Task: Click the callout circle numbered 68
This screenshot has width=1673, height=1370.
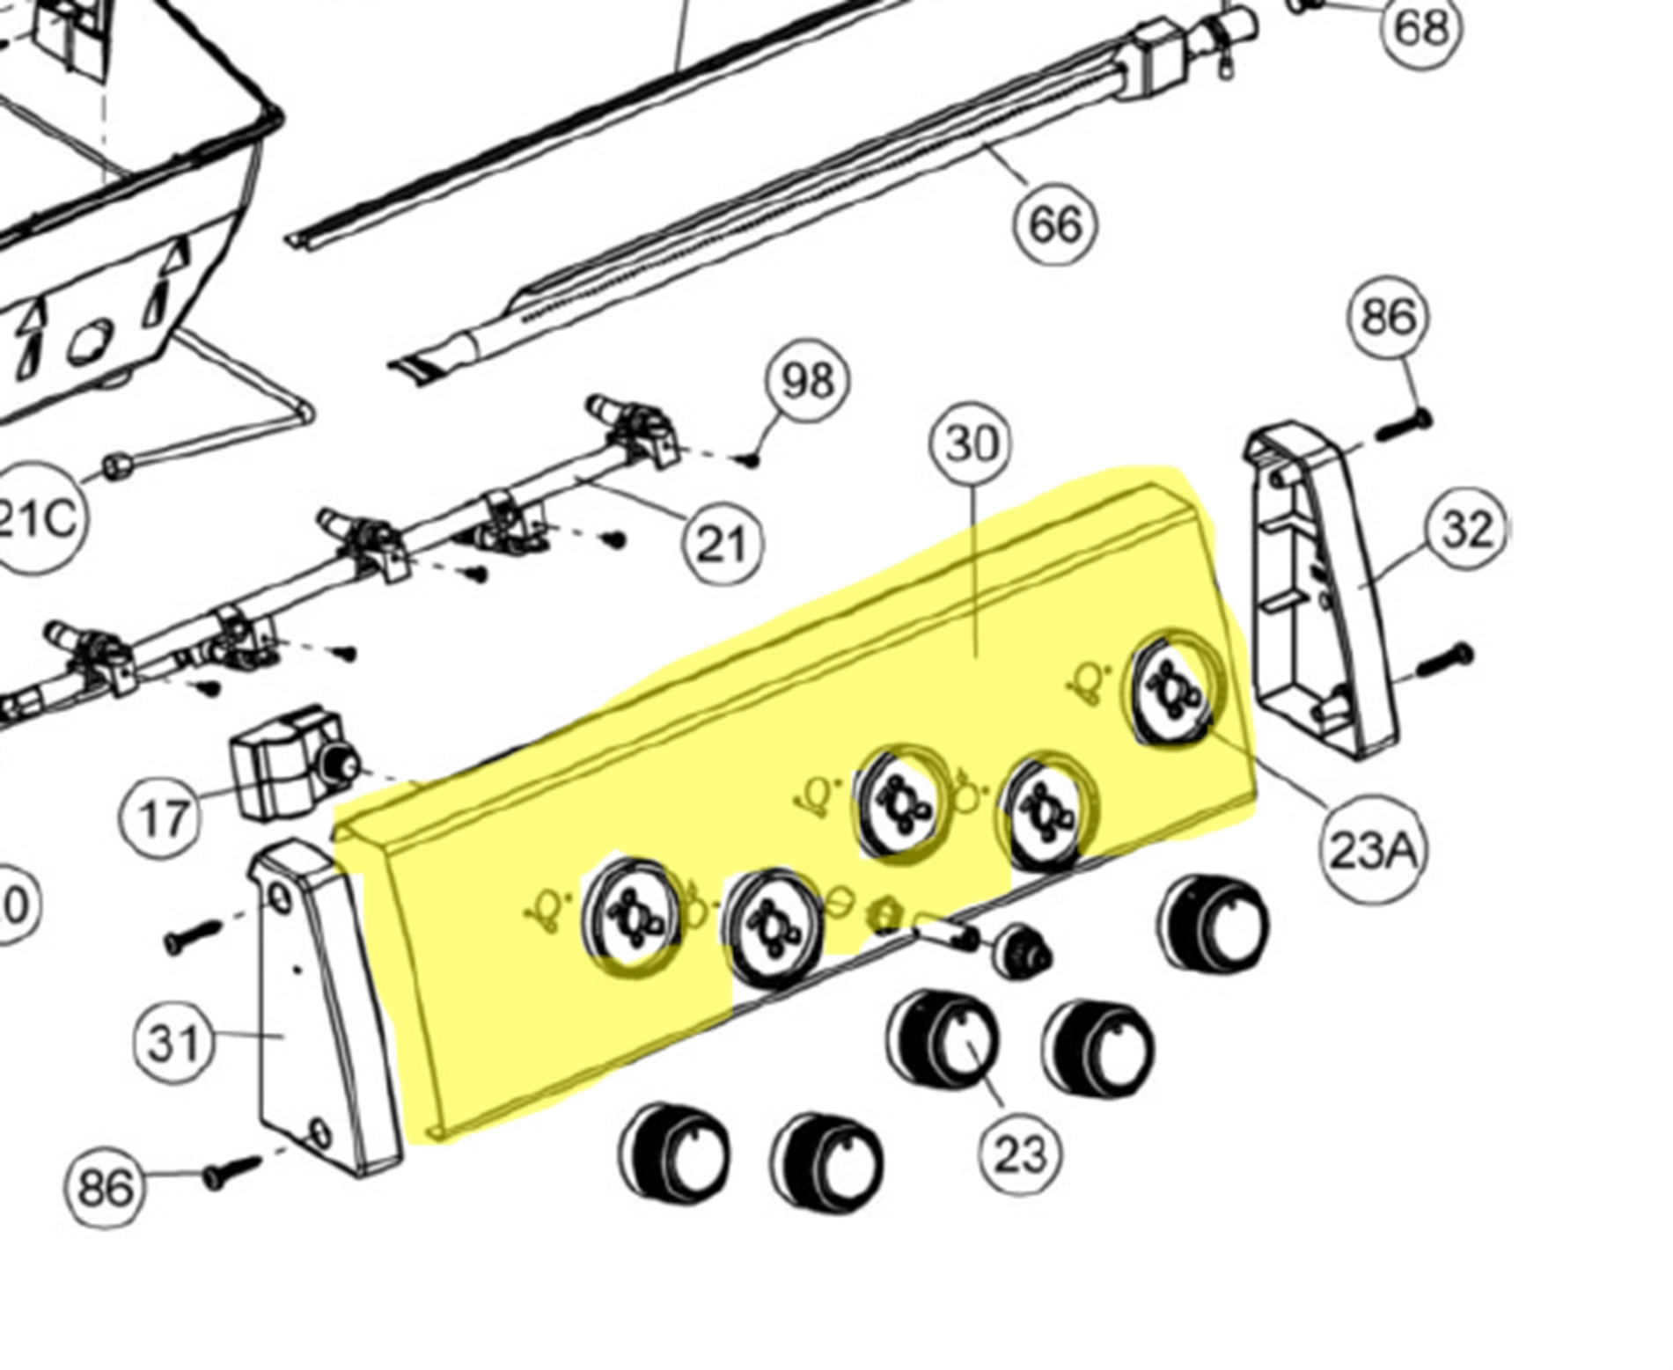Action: tap(1420, 28)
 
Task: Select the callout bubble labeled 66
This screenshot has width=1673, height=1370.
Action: tap(1055, 223)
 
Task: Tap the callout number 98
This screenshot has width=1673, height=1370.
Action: tap(807, 381)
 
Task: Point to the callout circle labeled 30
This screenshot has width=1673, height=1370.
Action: tap(972, 444)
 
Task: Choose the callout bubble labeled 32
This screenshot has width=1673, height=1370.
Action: tap(1467, 530)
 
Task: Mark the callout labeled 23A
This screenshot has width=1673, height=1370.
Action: tap(1373, 850)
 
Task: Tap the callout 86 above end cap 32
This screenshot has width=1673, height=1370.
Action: tap(1389, 318)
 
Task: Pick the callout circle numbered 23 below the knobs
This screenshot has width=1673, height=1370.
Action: tap(1020, 1153)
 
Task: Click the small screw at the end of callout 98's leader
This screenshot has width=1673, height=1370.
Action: tap(752, 459)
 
